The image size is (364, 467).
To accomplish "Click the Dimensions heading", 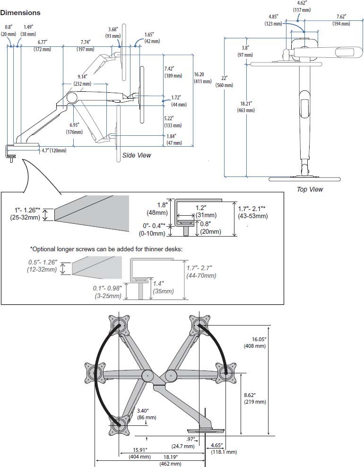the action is (20, 13).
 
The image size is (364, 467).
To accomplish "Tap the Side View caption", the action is (137, 155).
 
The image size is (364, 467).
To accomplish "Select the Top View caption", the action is (310, 189).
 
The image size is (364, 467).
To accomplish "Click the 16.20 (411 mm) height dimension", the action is (203, 78).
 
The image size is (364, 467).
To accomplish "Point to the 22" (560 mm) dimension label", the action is (224, 81).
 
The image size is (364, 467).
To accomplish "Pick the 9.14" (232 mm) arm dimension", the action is (82, 80).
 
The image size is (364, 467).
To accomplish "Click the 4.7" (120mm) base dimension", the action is (54, 150).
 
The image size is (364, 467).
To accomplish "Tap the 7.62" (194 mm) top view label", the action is (341, 20).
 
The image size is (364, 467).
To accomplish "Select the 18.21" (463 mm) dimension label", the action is (246, 107).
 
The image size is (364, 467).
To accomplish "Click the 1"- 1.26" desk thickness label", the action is (25, 213).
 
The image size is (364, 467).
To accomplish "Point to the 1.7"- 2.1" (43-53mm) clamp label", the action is (253, 212).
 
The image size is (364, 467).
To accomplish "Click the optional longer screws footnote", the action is (106, 249).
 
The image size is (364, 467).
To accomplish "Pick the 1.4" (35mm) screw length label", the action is (164, 287).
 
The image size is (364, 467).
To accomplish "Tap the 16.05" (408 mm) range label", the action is (255, 343).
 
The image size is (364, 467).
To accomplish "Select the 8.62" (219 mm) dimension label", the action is (255, 398).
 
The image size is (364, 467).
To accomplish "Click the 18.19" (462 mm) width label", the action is (171, 460).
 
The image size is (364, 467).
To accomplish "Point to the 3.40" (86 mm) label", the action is (147, 414).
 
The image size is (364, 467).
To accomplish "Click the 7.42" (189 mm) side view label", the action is (173, 72).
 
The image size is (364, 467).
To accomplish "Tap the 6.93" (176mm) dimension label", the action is (74, 128).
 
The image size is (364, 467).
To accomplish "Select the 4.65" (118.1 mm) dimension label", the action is (224, 449).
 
